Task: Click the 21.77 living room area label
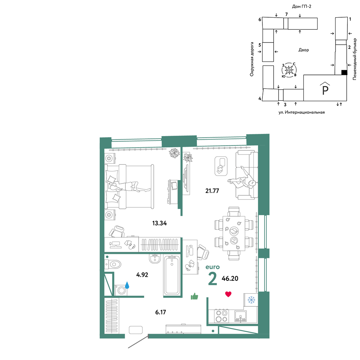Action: click(212, 191)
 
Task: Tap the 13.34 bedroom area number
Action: click(159, 223)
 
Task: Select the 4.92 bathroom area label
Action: click(142, 275)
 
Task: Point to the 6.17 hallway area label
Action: click(161, 312)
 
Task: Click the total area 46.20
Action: click(230, 279)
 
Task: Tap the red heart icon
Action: click(228, 294)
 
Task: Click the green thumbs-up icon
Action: click(194, 296)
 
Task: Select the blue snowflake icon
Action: click(251, 300)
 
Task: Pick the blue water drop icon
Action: click(127, 285)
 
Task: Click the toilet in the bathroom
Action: click(113, 264)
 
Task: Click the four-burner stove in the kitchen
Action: click(221, 316)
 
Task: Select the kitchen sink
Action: click(240, 316)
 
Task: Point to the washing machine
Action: click(121, 290)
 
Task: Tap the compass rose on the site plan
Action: click(289, 69)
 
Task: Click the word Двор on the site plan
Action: click(303, 50)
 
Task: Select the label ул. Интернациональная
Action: click(301, 112)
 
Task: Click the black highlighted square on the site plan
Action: click(344, 72)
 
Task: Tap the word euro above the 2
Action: click(213, 267)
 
